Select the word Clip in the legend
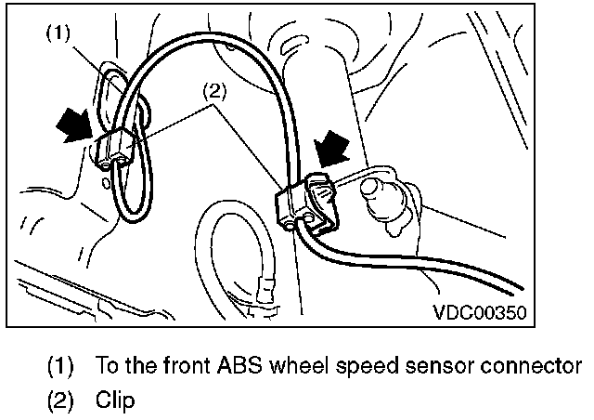point(115,401)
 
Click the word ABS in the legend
point(217,365)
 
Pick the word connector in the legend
point(533,366)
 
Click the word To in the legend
point(106,365)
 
